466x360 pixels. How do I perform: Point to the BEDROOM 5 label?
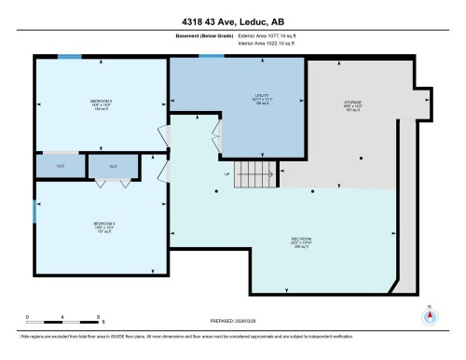point(102,103)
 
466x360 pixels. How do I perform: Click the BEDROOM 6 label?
point(102,227)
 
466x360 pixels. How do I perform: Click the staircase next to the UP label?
point(255,173)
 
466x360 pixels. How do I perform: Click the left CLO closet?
point(59,166)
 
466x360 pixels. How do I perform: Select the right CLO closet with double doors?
point(114,166)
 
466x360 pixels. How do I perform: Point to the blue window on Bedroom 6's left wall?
point(34,213)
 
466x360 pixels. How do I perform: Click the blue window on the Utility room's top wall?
point(212,56)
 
